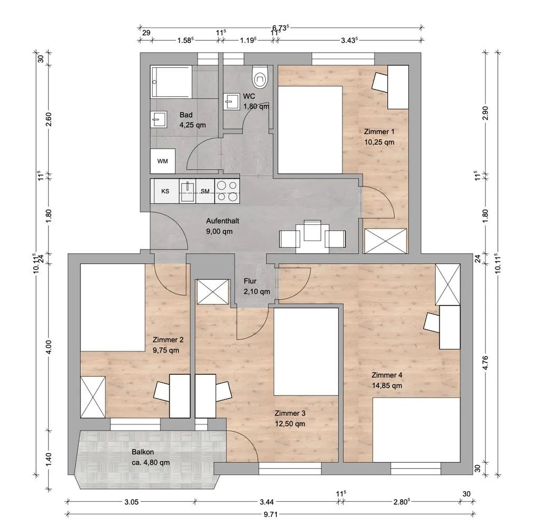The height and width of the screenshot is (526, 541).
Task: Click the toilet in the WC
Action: [x=260, y=77]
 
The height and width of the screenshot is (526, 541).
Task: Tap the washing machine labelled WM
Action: [x=163, y=161]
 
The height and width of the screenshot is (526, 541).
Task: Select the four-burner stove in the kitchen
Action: [x=227, y=191]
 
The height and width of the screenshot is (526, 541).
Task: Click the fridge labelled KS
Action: [x=165, y=191]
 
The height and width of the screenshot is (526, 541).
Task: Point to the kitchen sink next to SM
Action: [x=188, y=191]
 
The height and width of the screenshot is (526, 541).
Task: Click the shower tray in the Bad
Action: [x=171, y=82]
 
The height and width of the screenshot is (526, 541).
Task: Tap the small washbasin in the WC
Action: [x=231, y=101]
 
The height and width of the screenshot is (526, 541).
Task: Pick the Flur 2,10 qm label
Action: [x=257, y=286]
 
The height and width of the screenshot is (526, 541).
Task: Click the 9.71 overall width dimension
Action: [x=270, y=514]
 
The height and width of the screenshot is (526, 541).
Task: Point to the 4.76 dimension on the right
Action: [x=486, y=363]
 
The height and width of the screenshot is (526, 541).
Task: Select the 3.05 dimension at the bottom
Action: [x=131, y=502]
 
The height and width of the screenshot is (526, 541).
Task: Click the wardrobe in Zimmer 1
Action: [x=386, y=241]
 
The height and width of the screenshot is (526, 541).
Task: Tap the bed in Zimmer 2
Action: [x=113, y=308]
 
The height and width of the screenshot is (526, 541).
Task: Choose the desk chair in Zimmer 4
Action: [x=431, y=322]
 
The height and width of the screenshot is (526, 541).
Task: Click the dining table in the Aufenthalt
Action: [x=312, y=236]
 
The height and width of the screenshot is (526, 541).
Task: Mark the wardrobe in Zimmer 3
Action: [x=212, y=292]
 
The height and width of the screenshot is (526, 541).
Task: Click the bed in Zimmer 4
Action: [x=416, y=430]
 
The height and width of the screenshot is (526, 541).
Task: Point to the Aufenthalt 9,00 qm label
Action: [x=222, y=226]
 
